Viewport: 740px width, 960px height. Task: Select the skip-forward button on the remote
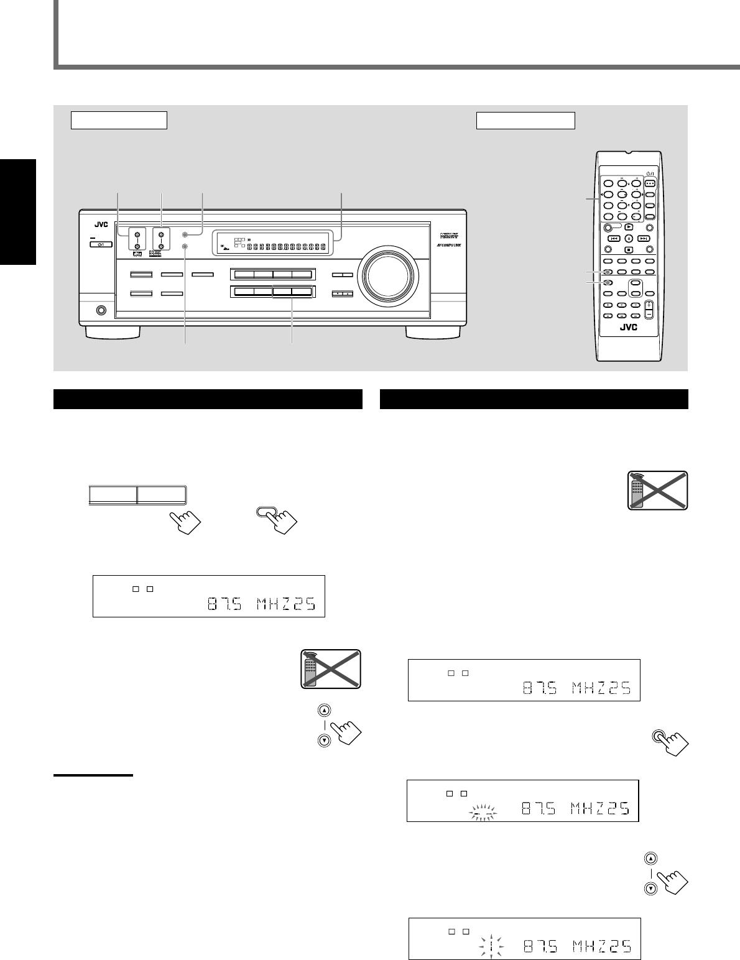[x=644, y=238]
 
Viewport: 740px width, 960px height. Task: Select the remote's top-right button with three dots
[x=650, y=183]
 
